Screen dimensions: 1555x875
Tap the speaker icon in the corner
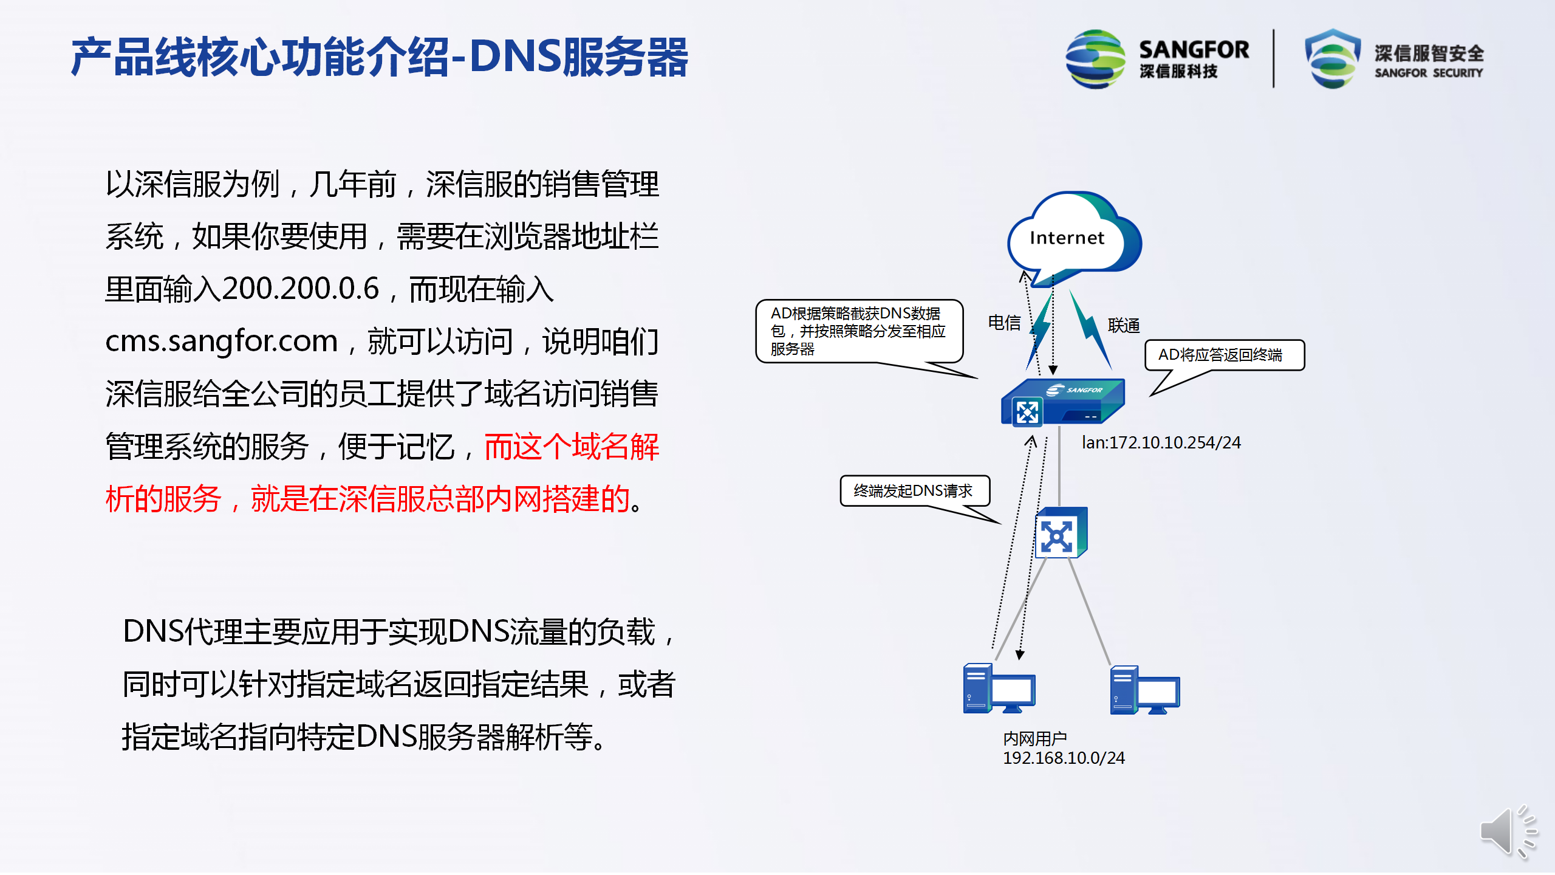tap(1508, 831)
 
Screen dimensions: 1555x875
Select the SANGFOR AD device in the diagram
tap(1062, 402)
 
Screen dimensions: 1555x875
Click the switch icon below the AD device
tap(1061, 533)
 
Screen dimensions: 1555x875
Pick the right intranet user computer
tap(1144, 690)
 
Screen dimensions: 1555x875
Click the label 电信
tap(1004, 323)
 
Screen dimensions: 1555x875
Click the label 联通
tap(1124, 326)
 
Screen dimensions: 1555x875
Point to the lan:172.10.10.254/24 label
tap(1161, 442)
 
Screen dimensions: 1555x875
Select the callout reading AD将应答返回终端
tap(1225, 355)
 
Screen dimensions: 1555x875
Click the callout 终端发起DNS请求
tap(915, 490)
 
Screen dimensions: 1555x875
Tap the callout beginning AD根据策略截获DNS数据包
tap(859, 331)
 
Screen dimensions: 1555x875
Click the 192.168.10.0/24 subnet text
tap(1064, 758)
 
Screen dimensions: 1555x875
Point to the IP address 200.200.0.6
tap(301, 289)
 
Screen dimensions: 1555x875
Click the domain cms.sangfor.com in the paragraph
tap(221, 341)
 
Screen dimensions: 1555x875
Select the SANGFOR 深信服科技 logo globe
tap(1095, 59)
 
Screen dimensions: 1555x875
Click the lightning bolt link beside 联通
tap(1090, 329)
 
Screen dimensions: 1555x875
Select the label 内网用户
tap(1034, 739)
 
